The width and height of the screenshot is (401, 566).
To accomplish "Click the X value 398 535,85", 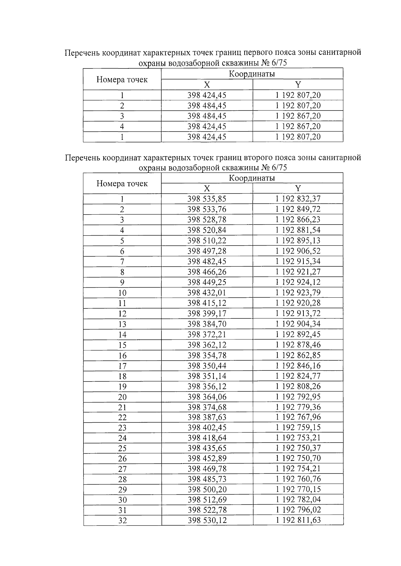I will click(207, 199).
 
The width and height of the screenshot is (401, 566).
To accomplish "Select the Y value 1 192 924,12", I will click(298, 282).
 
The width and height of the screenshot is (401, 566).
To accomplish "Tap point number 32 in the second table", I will click(122, 520).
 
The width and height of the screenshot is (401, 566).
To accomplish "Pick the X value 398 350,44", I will click(207, 366).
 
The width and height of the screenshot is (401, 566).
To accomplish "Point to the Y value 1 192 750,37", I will click(298, 448).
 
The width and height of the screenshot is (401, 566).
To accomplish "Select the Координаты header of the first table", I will click(252, 74).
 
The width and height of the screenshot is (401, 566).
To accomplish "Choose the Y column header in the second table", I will click(298, 188).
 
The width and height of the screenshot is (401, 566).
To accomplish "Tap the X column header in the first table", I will click(207, 84).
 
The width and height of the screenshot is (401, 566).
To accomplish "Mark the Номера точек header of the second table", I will click(122, 184).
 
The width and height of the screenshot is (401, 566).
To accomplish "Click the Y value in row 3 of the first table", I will click(298, 116).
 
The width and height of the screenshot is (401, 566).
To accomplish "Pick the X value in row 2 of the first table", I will click(207, 106).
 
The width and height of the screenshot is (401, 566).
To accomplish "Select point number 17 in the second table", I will click(122, 366).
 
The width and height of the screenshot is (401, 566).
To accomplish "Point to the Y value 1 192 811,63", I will click(298, 520).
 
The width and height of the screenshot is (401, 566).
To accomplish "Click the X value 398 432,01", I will click(207, 293).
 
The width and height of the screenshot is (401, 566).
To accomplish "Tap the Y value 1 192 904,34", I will click(298, 324).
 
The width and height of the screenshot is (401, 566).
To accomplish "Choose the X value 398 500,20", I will click(207, 489).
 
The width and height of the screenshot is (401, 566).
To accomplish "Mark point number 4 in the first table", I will click(122, 126).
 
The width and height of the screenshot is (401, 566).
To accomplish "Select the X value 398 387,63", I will click(207, 417).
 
